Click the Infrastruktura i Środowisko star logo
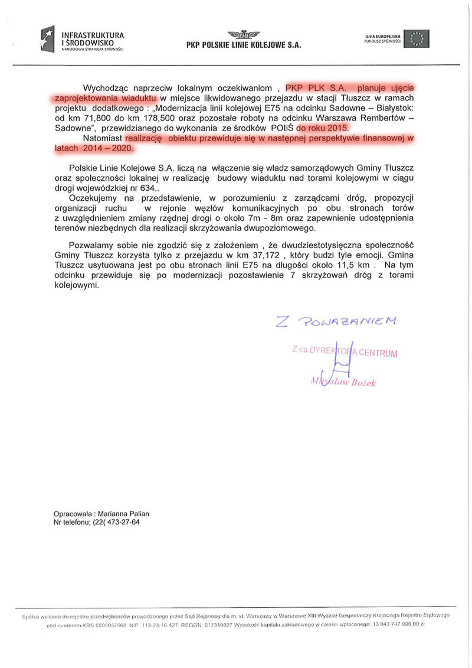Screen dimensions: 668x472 (47, 39)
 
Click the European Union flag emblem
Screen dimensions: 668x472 (420, 38)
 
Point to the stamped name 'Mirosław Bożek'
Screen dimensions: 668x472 (343, 382)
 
